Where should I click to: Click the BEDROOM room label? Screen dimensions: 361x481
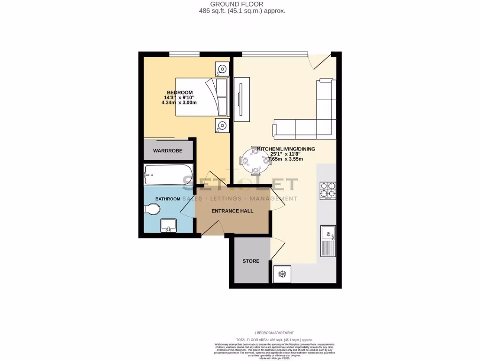pyautogui.click(x=179, y=92)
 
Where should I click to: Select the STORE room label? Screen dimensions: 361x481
pyautogui.click(x=250, y=261)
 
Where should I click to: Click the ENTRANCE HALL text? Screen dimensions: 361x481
pyautogui.click(x=232, y=211)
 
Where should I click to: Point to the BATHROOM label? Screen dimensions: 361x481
pyautogui.click(x=168, y=199)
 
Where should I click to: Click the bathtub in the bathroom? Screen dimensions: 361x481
pyautogui.click(x=168, y=175)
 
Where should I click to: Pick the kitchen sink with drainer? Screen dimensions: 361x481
pyautogui.click(x=327, y=241)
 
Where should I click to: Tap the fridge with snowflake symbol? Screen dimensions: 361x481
pyautogui.click(x=282, y=274)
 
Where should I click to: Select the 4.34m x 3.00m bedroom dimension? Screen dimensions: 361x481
pyautogui.click(x=179, y=102)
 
